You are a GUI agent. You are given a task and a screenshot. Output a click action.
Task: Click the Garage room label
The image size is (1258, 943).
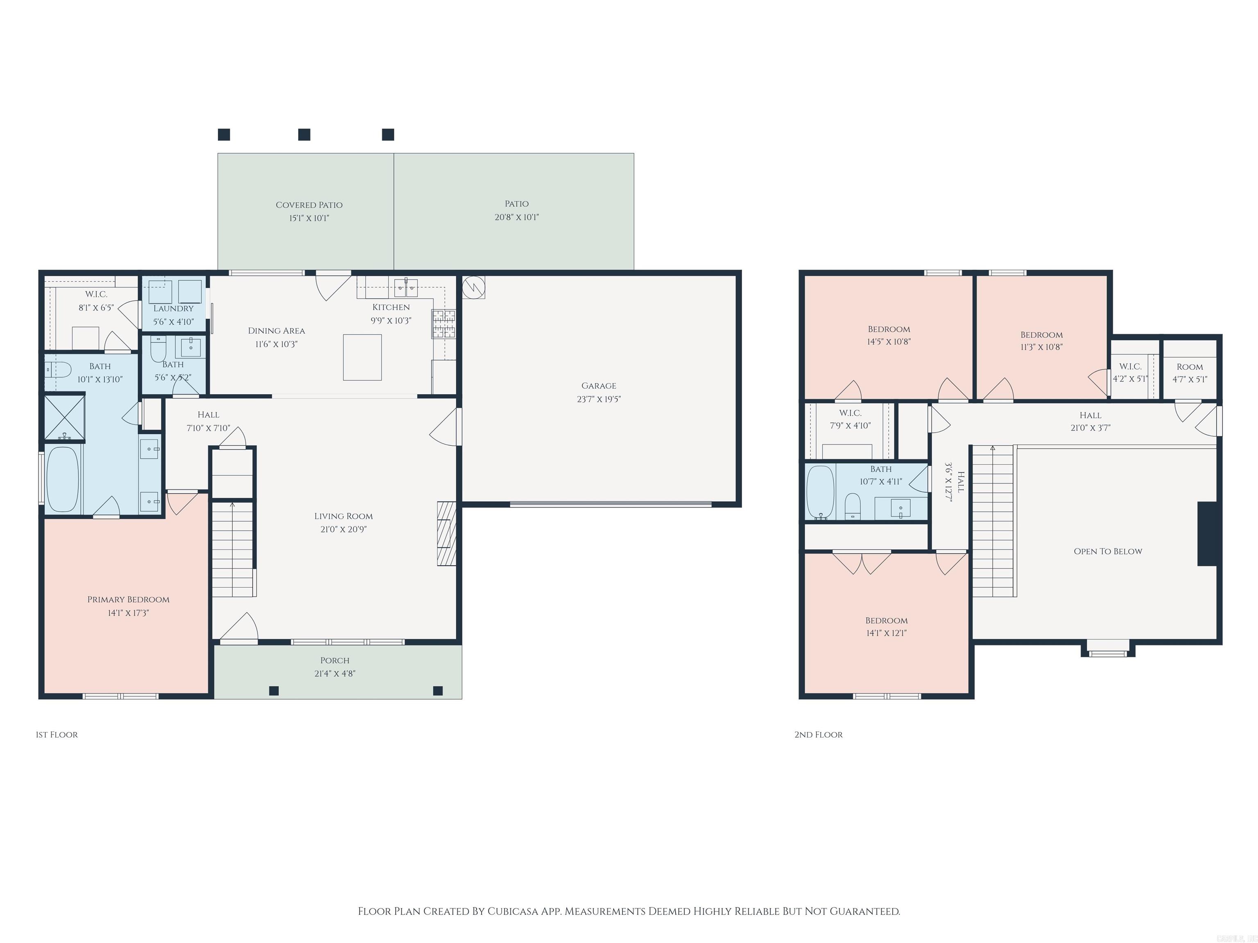tap(598, 386)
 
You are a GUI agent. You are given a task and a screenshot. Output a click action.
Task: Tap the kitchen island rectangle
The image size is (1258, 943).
tap(362, 357)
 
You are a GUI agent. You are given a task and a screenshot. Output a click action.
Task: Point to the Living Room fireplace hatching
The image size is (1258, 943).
tap(446, 533)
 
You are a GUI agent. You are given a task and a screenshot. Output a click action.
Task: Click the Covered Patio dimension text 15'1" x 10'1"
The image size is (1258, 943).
tap(309, 218)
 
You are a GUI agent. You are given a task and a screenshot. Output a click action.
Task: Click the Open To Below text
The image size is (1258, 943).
tap(1107, 551)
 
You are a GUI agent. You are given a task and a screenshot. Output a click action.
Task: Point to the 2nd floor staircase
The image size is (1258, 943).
tap(992, 520)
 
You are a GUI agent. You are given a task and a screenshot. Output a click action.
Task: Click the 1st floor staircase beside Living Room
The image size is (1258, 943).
tap(233, 548)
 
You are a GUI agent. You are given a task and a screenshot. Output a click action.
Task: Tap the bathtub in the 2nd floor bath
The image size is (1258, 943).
tap(820, 491)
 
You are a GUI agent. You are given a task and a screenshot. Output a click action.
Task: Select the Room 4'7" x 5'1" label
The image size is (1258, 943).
tap(1189, 367)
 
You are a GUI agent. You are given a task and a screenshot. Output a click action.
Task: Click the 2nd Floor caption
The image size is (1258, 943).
tap(818, 734)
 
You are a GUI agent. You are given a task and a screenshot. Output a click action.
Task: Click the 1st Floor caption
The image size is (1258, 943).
tap(56, 734)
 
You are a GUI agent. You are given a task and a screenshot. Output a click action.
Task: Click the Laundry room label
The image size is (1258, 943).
tap(174, 309)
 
